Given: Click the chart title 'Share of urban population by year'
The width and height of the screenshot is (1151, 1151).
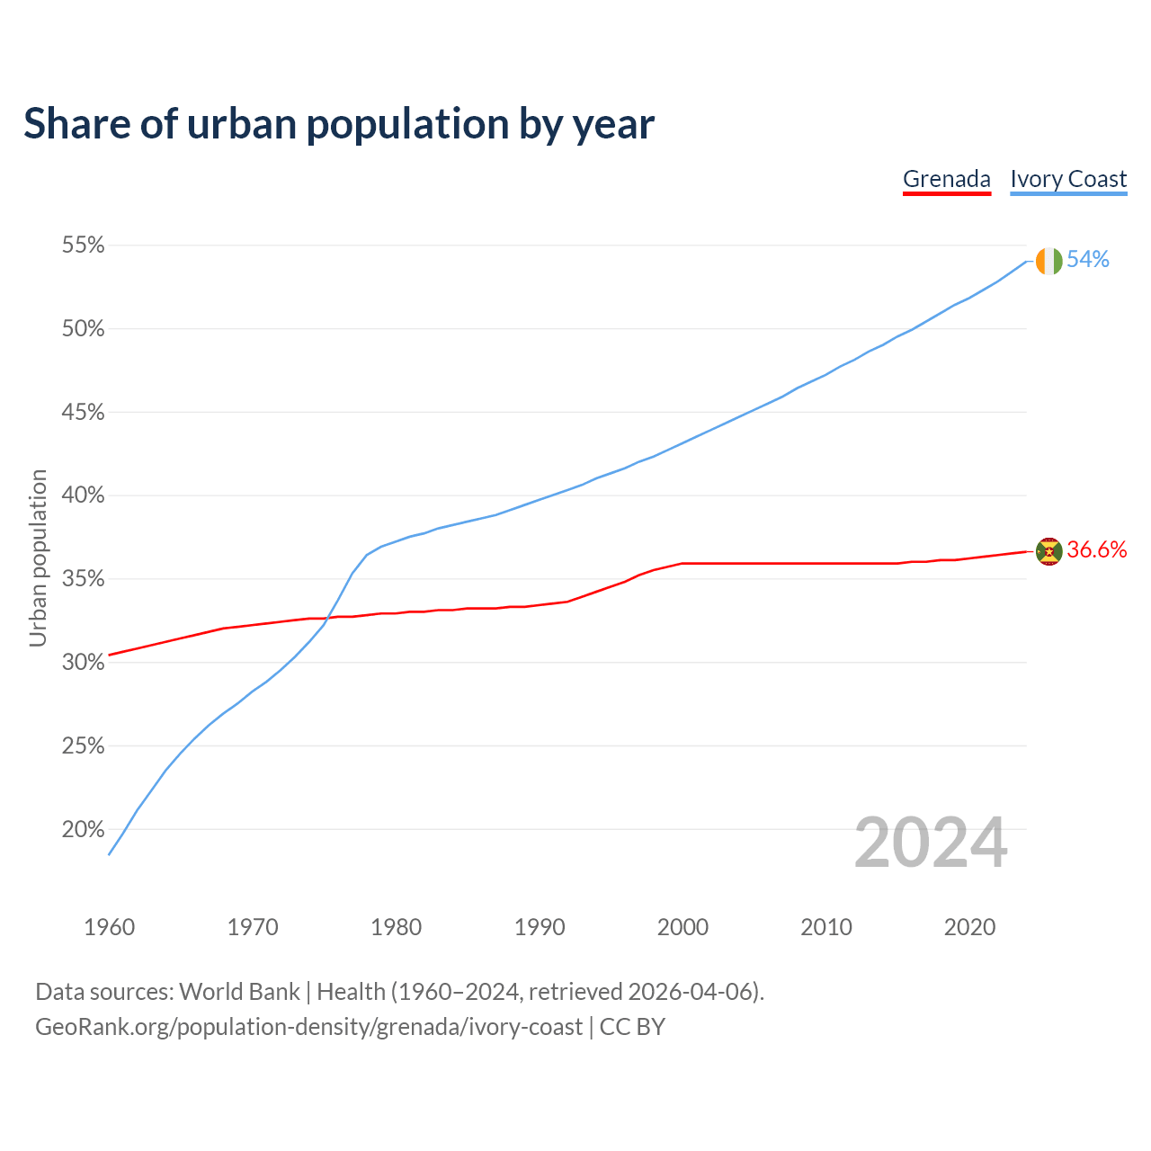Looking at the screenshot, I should [339, 124].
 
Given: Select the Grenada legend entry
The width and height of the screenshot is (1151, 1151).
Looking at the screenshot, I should [946, 179].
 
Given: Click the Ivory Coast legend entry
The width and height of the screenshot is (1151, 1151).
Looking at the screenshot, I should [1068, 179].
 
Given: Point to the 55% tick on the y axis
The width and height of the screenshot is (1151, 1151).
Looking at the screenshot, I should [83, 245].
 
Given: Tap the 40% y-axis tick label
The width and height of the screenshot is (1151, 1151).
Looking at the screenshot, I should [83, 495].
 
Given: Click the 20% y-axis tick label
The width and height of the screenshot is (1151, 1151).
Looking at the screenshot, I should [83, 829].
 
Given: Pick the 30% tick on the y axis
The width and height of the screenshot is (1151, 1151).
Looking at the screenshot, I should [83, 663].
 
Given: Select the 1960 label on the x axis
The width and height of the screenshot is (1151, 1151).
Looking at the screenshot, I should [109, 927].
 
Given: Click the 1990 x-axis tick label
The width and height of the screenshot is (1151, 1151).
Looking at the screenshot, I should [540, 927].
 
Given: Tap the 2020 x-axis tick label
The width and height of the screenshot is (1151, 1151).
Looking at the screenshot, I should [969, 927].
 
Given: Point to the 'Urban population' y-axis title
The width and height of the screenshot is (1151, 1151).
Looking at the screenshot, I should [38, 558].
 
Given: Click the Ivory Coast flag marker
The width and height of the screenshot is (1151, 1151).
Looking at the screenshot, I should [1048, 261].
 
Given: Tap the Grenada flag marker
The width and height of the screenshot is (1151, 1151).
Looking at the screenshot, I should [1048, 551].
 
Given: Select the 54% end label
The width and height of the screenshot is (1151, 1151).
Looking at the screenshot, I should [1088, 260].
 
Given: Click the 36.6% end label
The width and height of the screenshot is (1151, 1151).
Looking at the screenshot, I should [1097, 550].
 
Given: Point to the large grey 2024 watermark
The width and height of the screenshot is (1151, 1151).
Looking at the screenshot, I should [931, 843].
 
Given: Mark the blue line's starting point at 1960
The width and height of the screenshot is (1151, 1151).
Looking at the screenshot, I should [109, 854].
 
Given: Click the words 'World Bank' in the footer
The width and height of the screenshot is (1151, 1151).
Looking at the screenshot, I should [239, 992].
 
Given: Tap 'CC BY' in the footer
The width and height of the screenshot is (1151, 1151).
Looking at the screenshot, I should [632, 1027].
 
